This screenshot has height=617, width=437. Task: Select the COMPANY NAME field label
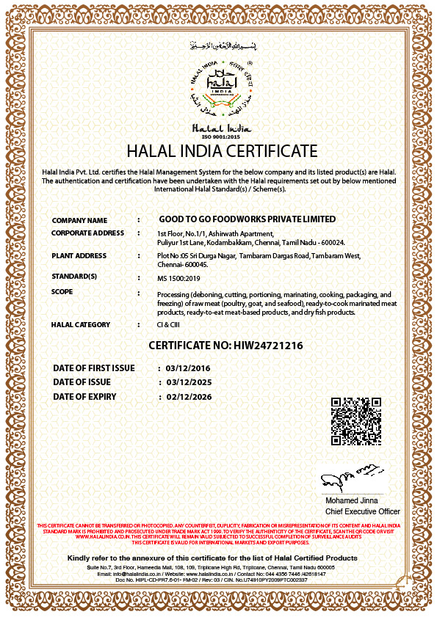point(79,220)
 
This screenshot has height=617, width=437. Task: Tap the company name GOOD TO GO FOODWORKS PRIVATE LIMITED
point(248,219)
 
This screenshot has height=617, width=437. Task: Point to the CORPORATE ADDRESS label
point(87,233)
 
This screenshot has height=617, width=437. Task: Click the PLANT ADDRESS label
point(79,256)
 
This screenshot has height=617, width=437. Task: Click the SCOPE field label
point(62,292)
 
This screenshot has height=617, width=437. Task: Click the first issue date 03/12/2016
point(187,368)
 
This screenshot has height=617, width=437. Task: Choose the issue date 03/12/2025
point(189,382)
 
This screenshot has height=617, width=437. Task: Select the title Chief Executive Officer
point(363,511)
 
